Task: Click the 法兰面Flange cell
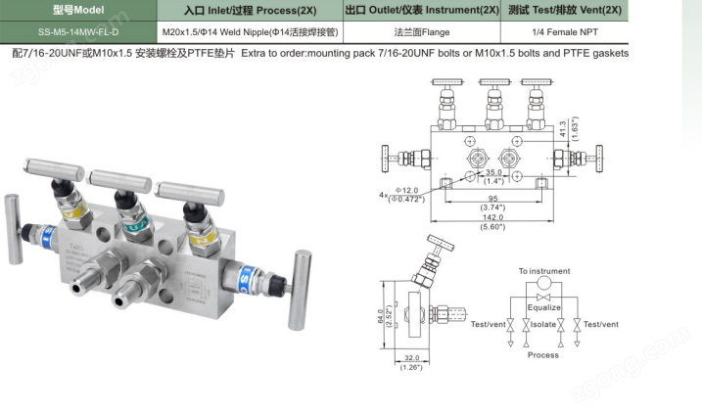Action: (415, 31)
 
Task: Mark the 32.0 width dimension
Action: (410, 358)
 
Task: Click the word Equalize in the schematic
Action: (545, 307)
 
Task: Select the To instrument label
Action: (544, 271)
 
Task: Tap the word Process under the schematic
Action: (543, 354)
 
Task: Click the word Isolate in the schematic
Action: (544, 324)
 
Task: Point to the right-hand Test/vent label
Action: (598, 324)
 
